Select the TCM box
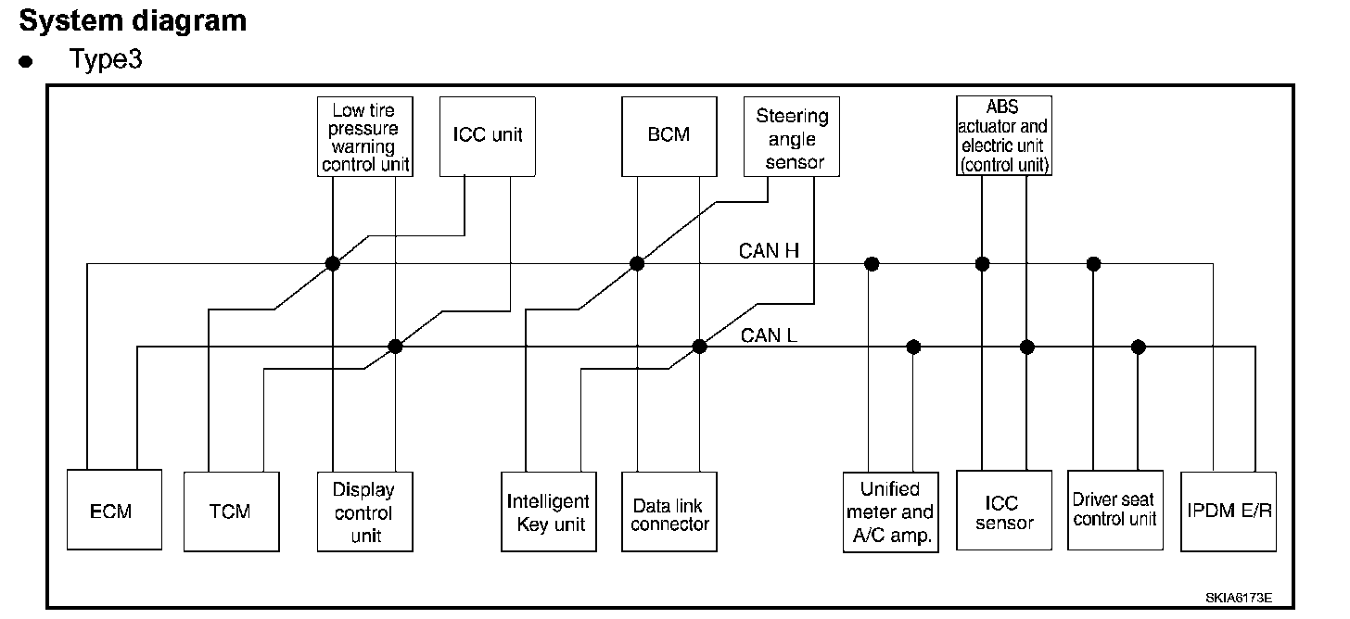pyautogui.click(x=231, y=512)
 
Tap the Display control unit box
pyautogui.click(x=364, y=512)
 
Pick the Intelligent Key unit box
pyautogui.click(x=547, y=512)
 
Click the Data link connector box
pyautogui.click(x=669, y=512)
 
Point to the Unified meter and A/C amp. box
pyautogui.click(x=889, y=512)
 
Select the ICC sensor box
pyautogui.click(x=1003, y=512)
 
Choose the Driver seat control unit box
pyautogui.click(x=1114, y=509)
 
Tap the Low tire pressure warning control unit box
pyautogui.click(x=363, y=136)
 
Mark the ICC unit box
pyautogui.click(x=487, y=135)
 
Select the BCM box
pyautogui.click(x=669, y=135)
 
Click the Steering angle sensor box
pyautogui.click(x=792, y=136)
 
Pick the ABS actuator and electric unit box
pyautogui.click(x=1003, y=135)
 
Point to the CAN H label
pyautogui.click(x=770, y=250)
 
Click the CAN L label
pyautogui.click(x=769, y=335)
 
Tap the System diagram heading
pyautogui.click(x=133, y=20)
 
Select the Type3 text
pyautogui.click(x=105, y=59)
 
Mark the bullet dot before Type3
pyautogui.click(x=27, y=62)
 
